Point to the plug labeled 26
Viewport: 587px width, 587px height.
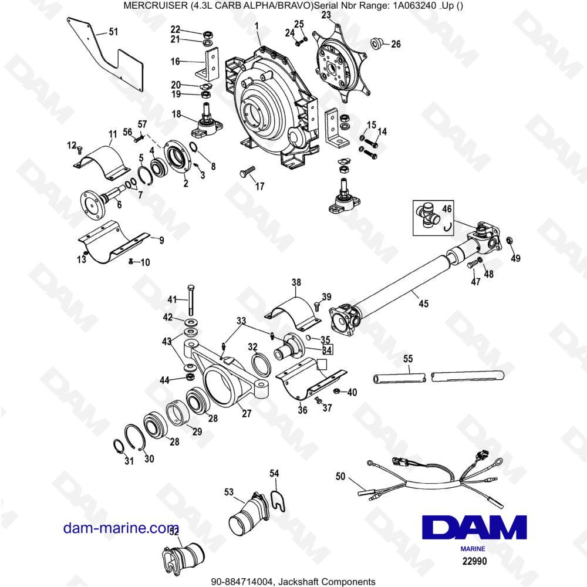(x=376, y=43)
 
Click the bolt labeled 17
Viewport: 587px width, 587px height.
(x=247, y=171)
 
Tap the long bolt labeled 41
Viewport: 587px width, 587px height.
(x=190, y=299)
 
